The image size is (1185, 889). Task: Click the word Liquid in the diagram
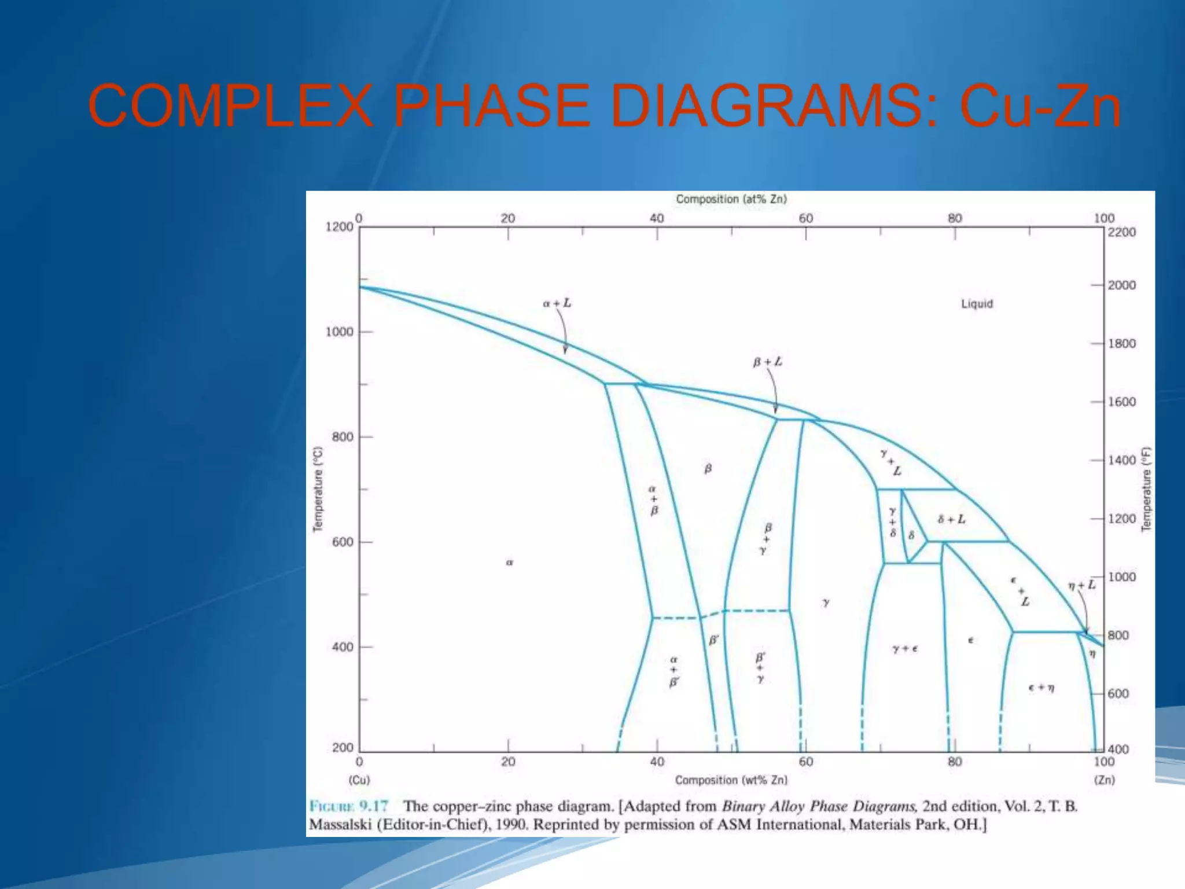(977, 304)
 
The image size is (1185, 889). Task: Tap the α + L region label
(557, 303)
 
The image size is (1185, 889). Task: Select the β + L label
(767, 362)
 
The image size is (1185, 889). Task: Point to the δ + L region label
(951, 519)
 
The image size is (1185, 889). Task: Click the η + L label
(1081, 585)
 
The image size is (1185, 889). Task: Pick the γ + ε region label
(905, 649)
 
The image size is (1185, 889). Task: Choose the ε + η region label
(1041, 688)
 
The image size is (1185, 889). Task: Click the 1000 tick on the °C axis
(339, 332)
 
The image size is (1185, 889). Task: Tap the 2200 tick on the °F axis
(1122, 232)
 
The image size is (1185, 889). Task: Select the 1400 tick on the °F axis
(1122, 460)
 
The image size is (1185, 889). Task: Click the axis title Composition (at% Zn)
(731, 199)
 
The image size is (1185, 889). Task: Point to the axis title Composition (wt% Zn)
(731, 780)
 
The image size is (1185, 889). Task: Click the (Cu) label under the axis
(359, 780)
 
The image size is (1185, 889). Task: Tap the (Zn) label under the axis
(1104, 780)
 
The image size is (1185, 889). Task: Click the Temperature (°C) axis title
(318, 489)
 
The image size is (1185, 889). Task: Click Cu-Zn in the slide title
(1040, 106)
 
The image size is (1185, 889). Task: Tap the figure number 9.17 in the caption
(373, 806)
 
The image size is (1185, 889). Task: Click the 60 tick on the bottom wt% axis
(806, 762)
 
